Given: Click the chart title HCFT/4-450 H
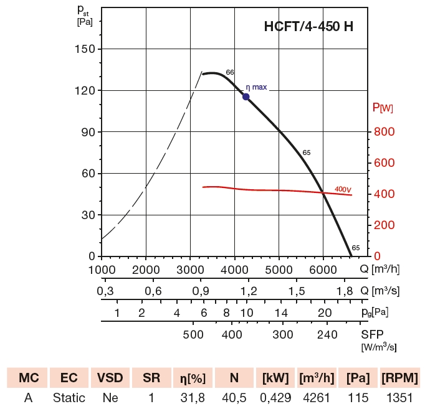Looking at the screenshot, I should [x=310, y=28].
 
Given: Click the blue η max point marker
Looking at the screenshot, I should [x=246, y=96].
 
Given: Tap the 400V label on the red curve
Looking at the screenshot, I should [x=343, y=189].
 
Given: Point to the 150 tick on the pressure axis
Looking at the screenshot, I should [x=86, y=49].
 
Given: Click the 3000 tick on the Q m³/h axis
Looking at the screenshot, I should [x=191, y=269].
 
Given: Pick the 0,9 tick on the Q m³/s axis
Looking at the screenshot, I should [x=201, y=291].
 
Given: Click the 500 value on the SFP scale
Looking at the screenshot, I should [x=194, y=334].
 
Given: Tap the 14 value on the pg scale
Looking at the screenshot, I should [x=281, y=313].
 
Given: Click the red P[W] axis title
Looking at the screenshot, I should [x=383, y=108].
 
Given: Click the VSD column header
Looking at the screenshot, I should [x=111, y=378].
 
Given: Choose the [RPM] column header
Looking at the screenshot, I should [x=399, y=378].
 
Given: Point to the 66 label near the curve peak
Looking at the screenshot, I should [x=230, y=73].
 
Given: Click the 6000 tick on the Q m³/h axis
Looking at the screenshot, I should [x=323, y=269].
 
